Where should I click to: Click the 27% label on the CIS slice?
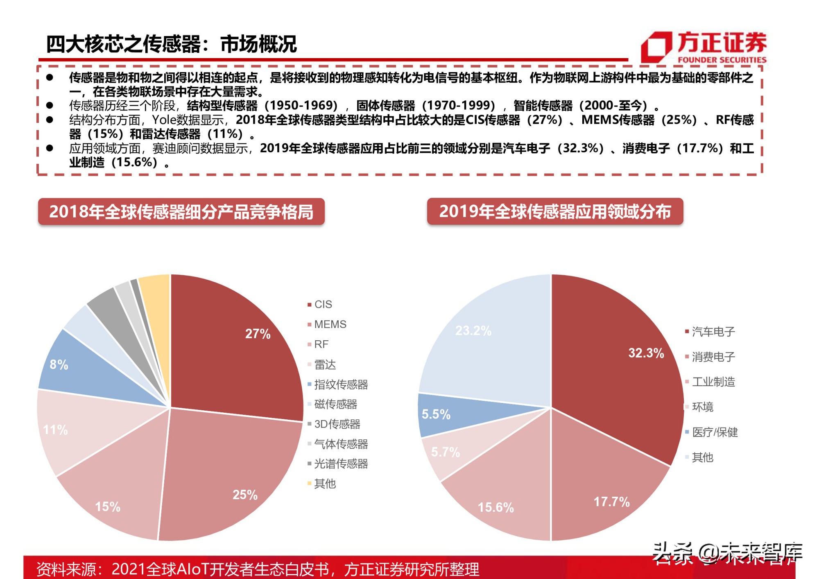point(258,334)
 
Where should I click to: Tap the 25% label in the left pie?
point(245,495)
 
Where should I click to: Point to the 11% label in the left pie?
point(55,430)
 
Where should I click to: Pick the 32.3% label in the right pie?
point(646,353)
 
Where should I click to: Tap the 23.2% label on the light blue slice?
point(473,330)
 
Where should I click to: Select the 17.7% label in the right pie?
point(611,502)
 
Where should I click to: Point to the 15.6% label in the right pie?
point(495,507)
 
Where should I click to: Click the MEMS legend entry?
point(330,324)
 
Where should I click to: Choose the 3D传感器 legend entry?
point(337,424)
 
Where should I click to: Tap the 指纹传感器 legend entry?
point(341,384)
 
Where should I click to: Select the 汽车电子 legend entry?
point(713,332)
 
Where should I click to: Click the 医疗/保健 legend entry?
point(715,432)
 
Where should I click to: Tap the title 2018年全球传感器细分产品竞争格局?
point(181,212)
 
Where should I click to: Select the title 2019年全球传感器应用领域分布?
point(555,211)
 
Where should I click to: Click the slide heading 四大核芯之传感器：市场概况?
point(171,44)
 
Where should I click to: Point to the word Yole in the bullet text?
point(164,120)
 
